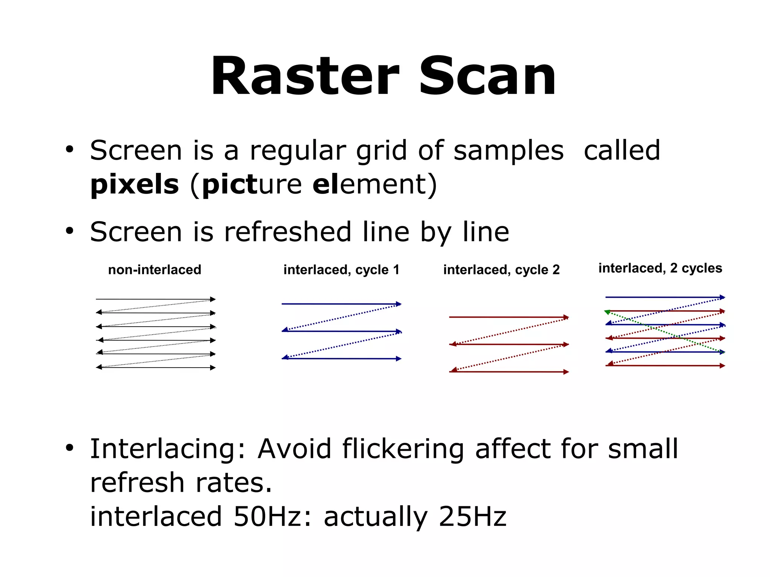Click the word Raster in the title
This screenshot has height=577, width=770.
point(305,76)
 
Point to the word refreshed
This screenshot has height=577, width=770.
point(288,232)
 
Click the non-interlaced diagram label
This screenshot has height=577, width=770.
point(155,270)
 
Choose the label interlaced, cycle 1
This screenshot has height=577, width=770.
point(341,270)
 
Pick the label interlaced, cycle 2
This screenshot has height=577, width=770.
point(501,270)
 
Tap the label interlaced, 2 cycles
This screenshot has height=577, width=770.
point(660,268)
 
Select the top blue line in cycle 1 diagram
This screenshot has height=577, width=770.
point(338,304)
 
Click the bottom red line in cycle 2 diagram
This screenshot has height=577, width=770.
point(508,372)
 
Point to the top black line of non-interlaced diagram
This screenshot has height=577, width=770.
point(154,299)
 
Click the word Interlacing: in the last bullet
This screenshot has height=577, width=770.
point(167,449)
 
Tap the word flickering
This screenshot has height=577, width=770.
point(403,449)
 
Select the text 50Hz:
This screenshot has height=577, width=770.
point(273,516)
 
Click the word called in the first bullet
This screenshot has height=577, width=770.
point(622,150)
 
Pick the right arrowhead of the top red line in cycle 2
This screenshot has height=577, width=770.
point(566,317)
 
